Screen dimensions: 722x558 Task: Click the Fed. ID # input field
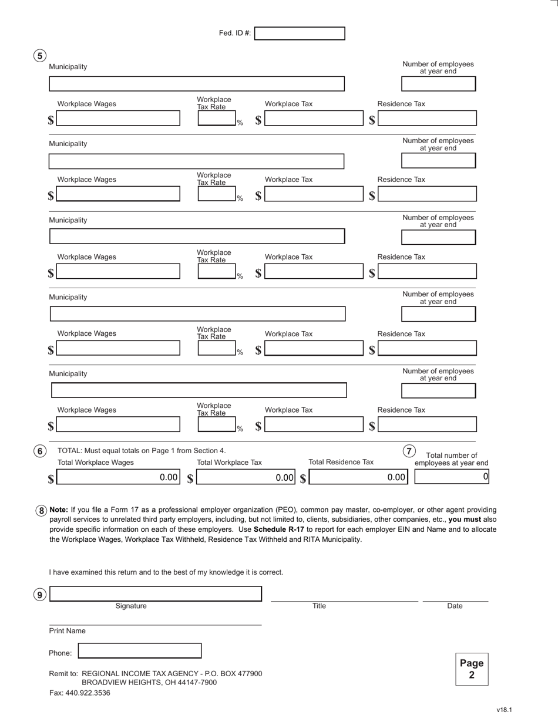coord(300,33)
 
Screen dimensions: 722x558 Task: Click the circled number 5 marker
coord(39,56)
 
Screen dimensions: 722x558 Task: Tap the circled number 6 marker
coord(39,451)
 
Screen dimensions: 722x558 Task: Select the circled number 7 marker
coord(409,451)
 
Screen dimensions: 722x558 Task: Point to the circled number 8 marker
coord(41,511)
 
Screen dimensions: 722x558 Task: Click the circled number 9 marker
coord(39,595)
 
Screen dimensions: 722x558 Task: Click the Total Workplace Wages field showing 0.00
coord(118,477)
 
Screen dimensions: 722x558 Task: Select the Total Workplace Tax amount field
coord(246,477)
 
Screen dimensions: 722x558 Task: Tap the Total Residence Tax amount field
coord(358,477)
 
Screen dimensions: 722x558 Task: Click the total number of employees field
coord(451,477)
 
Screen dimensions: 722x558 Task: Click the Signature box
coord(155,594)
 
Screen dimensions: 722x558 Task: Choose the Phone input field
coord(140,650)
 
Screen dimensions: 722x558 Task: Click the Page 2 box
coord(472,669)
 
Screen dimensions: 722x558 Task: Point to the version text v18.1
coord(504,710)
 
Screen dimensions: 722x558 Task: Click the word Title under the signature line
coord(319,606)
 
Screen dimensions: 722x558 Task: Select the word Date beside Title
coord(455,606)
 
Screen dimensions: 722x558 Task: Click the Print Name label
coord(67,631)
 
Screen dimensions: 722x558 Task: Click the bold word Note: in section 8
coord(59,510)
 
